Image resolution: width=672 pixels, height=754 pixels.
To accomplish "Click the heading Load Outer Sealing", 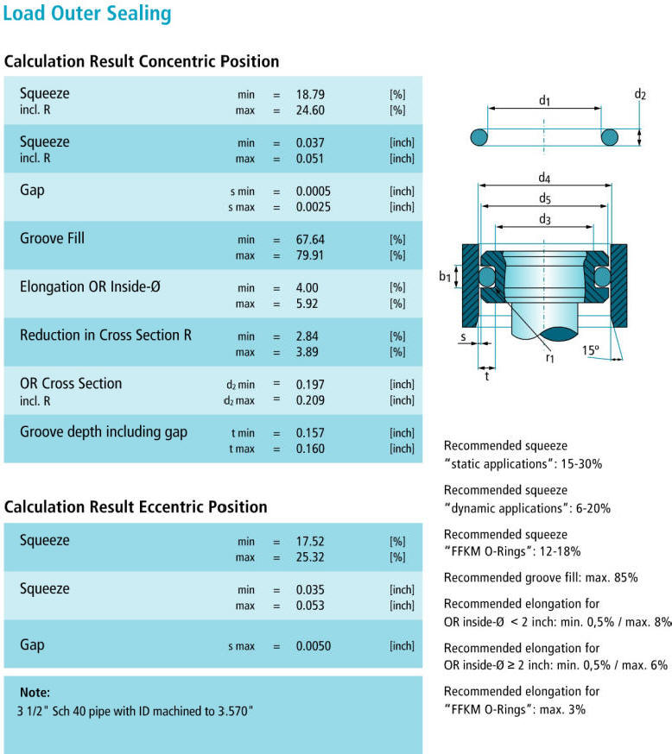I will tap(87, 14).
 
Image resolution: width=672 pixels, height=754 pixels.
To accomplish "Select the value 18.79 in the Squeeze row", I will tap(308, 94).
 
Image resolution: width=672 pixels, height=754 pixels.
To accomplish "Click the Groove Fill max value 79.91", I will tap(308, 255).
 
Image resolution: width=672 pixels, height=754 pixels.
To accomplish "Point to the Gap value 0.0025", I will tap(313, 207).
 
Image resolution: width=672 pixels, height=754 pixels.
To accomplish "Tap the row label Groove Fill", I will tap(52, 238).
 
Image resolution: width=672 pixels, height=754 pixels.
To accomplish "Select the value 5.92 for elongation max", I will tap(305, 304).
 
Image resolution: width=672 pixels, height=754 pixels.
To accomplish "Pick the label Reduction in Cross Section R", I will tap(105, 335).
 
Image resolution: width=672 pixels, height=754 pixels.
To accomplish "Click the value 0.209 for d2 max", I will tap(307, 400).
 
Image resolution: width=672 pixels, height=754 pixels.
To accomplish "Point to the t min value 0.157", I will tap(307, 432).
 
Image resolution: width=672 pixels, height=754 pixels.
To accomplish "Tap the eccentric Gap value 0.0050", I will tap(313, 646).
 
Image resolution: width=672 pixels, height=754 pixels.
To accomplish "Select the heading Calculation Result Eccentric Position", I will tap(136, 507).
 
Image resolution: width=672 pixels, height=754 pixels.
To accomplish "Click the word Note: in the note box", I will tap(34, 692).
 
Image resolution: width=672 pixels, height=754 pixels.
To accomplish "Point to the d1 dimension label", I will tap(544, 101).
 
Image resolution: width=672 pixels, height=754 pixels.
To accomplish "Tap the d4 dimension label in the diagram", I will tap(545, 179).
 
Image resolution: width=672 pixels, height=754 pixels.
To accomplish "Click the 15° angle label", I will tap(591, 351).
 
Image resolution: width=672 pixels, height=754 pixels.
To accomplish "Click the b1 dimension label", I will tap(445, 276).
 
